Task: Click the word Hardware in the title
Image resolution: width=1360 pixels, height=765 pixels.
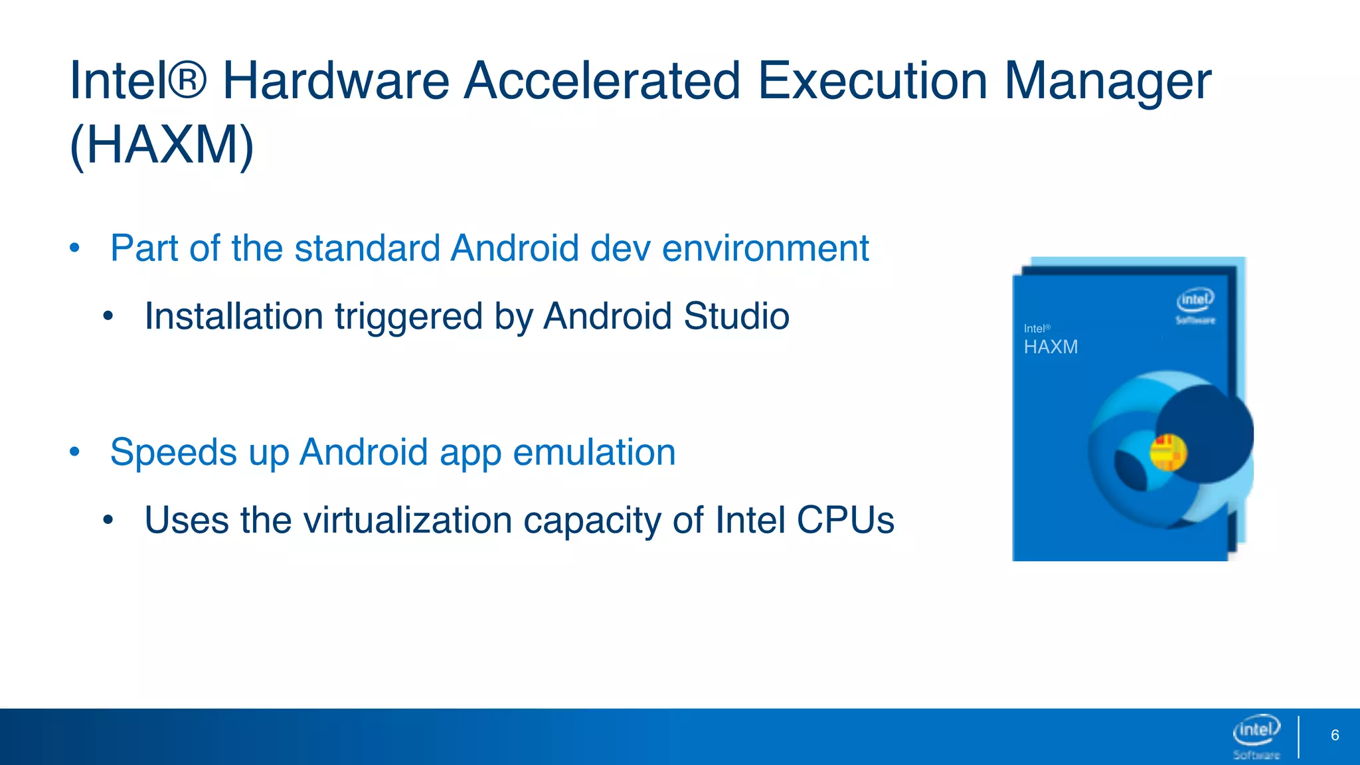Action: tap(336, 81)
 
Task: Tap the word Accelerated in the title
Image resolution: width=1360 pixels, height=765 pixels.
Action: tap(602, 81)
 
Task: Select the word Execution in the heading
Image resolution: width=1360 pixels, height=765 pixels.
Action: tap(872, 81)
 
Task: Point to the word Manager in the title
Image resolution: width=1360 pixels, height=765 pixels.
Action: tap(1108, 81)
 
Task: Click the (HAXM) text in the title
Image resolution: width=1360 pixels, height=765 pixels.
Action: tap(162, 145)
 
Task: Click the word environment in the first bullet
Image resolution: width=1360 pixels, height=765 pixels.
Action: tap(765, 248)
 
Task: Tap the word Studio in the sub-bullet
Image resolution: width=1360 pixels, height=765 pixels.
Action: tap(736, 316)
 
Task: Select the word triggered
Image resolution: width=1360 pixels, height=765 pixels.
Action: tap(408, 317)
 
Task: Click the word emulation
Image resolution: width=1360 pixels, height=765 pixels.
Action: tap(594, 452)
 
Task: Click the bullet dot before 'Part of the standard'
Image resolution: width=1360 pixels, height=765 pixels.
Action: tap(74, 248)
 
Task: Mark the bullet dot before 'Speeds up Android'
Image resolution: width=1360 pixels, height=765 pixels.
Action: tap(74, 452)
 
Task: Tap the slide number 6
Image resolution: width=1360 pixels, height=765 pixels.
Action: tap(1335, 735)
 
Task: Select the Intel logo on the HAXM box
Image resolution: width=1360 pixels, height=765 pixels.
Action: tap(1195, 305)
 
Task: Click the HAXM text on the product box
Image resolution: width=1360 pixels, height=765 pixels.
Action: tap(1051, 347)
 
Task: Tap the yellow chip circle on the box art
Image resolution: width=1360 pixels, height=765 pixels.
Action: tap(1168, 452)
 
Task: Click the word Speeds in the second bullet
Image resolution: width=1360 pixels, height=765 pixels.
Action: tap(173, 454)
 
